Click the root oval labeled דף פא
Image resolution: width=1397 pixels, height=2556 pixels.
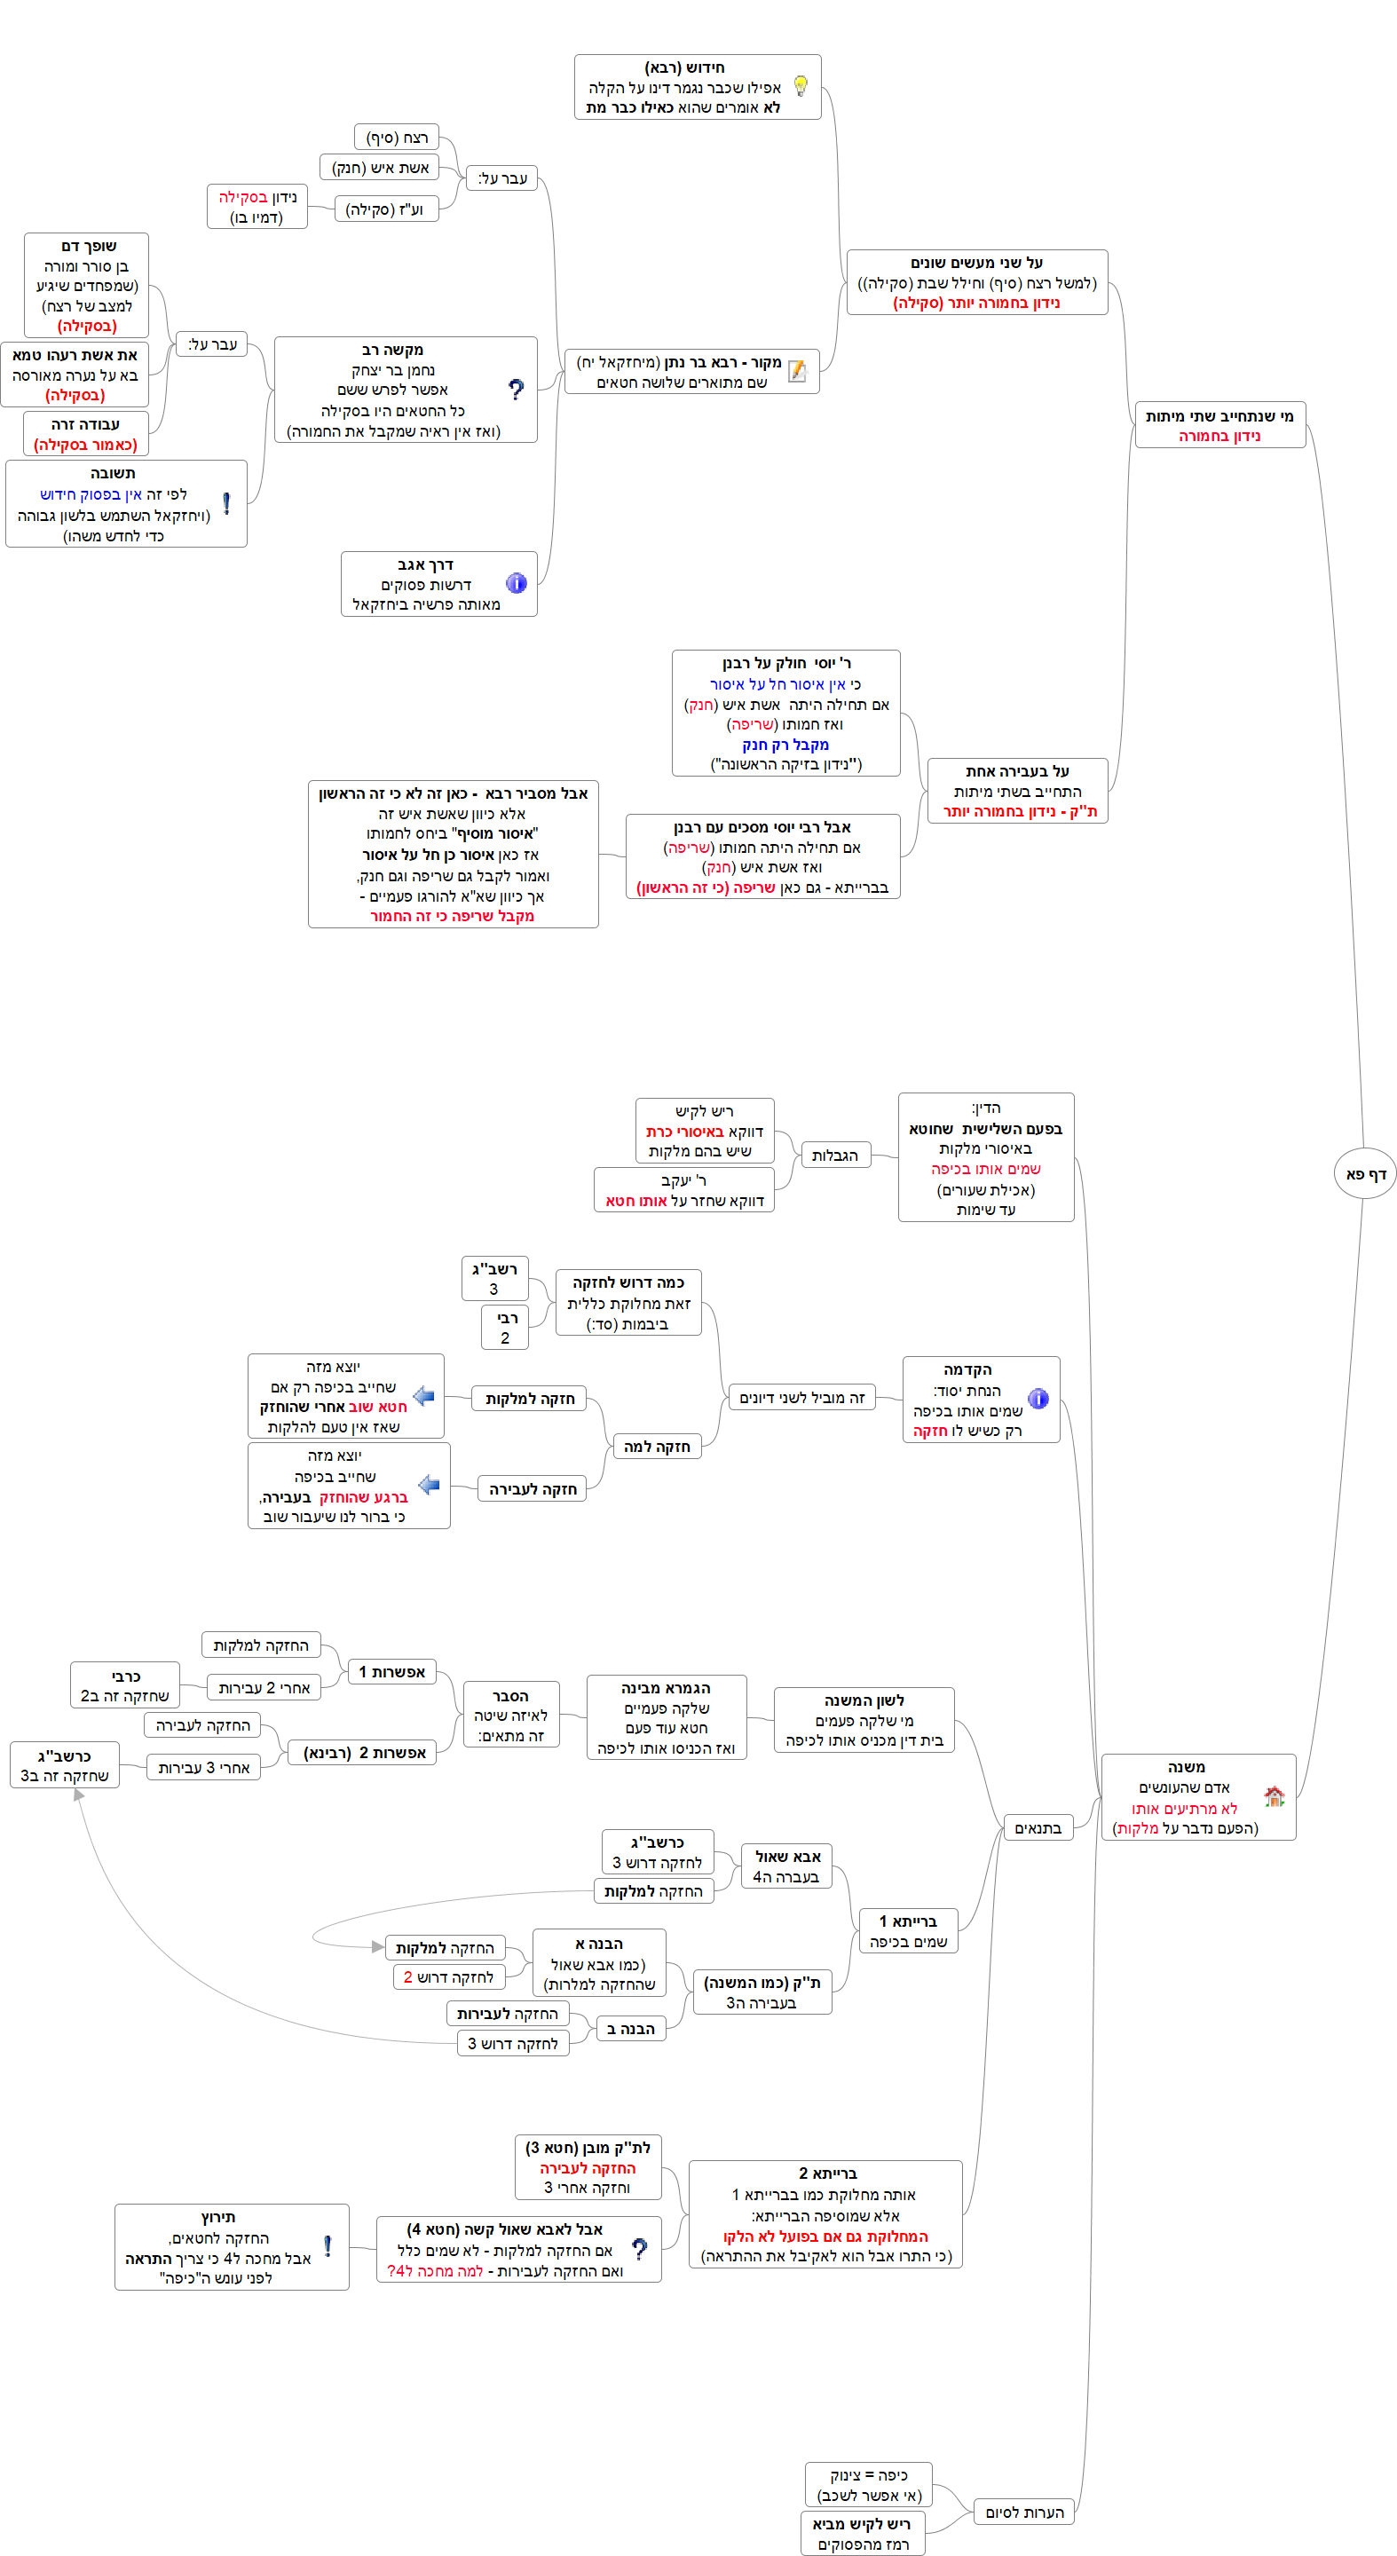pyautogui.click(x=1365, y=1174)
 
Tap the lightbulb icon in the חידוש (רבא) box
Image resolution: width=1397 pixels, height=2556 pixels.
pyautogui.click(x=801, y=86)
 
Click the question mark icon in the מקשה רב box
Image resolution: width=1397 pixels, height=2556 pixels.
pyautogui.click(x=516, y=390)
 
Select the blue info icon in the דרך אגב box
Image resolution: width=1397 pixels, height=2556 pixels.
pyautogui.click(x=516, y=583)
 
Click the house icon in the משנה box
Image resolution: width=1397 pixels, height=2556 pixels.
pyautogui.click(x=1274, y=1796)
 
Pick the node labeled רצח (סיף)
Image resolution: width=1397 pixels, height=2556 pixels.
pyautogui.click(x=397, y=137)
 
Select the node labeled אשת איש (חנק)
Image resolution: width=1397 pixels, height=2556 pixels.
pyautogui.click(x=380, y=168)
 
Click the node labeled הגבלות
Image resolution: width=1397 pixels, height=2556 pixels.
pyautogui.click(x=834, y=1155)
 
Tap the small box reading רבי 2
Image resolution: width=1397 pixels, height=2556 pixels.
pyautogui.click(x=505, y=1328)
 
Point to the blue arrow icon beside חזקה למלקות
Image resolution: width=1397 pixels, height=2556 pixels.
pyautogui.click(x=423, y=1396)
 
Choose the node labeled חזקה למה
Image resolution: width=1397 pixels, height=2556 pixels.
pyautogui.click(x=657, y=1447)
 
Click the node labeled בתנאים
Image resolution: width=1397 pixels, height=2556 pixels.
pyautogui.click(x=1038, y=1827)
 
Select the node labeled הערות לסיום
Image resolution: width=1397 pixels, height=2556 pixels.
pyautogui.click(x=1024, y=2513)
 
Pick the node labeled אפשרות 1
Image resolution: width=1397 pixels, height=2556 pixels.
pyautogui.click(x=392, y=1672)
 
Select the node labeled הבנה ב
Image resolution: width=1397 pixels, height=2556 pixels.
pyautogui.click(x=631, y=2029)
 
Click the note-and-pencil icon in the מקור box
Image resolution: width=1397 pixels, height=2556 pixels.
pyautogui.click(x=797, y=371)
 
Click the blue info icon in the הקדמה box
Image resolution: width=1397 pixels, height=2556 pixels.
pyautogui.click(x=1038, y=1399)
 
